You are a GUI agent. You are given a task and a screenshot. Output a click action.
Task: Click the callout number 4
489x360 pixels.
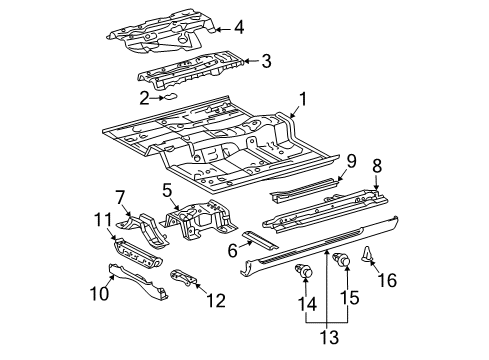[x=239, y=27]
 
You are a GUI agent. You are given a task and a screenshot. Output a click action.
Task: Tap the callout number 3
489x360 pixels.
[x=266, y=61]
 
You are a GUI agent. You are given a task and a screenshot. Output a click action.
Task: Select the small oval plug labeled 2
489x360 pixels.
[x=169, y=97]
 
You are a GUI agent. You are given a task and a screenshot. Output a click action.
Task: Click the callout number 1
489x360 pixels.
[x=302, y=100]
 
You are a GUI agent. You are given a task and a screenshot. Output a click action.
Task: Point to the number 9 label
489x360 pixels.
[x=351, y=161]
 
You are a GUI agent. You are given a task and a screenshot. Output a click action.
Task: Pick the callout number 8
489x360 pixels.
[x=377, y=166]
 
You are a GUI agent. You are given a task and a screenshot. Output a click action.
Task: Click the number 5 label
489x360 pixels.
[x=167, y=191]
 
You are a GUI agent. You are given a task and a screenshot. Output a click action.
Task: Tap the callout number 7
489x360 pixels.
[x=120, y=197]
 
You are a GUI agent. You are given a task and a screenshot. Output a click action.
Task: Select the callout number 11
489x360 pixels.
[x=102, y=221]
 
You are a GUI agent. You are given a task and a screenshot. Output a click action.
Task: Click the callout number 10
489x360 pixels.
[x=99, y=293]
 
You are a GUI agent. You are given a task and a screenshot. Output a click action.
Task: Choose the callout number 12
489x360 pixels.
[x=216, y=300]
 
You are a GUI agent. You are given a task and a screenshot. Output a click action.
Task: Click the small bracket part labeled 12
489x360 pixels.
[x=184, y=278]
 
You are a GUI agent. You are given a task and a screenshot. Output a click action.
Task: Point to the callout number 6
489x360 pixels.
[x=232, y=250]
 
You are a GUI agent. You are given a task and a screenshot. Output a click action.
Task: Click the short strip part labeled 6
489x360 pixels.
[x=260, y=240]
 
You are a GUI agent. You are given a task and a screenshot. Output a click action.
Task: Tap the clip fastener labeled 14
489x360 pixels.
[x=304, y=270]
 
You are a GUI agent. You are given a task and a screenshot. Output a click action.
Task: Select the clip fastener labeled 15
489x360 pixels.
[x=342, y=259]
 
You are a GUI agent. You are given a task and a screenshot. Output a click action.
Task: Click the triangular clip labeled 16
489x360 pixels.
[x=367, y=254]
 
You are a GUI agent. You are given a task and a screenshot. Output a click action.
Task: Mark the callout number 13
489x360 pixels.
[x=330, y=337]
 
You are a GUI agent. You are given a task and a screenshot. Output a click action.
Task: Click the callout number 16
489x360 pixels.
[x=387, y=280]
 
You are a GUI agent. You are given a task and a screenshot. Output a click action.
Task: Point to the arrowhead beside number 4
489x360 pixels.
[x=218, y=29]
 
